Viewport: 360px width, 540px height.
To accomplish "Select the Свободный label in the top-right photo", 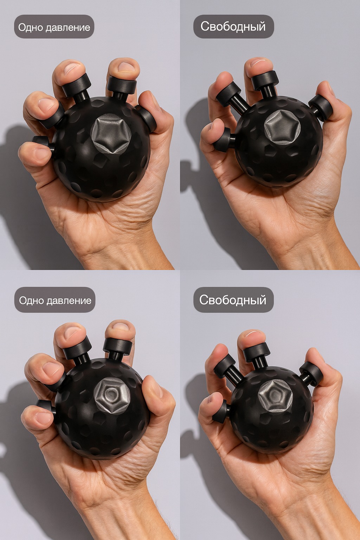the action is [233, 26].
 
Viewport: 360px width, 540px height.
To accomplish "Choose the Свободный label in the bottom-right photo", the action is [233, 300].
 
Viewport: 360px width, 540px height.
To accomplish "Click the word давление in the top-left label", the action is [68, 27].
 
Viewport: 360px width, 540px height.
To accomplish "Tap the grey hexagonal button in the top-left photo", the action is [111, 133].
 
